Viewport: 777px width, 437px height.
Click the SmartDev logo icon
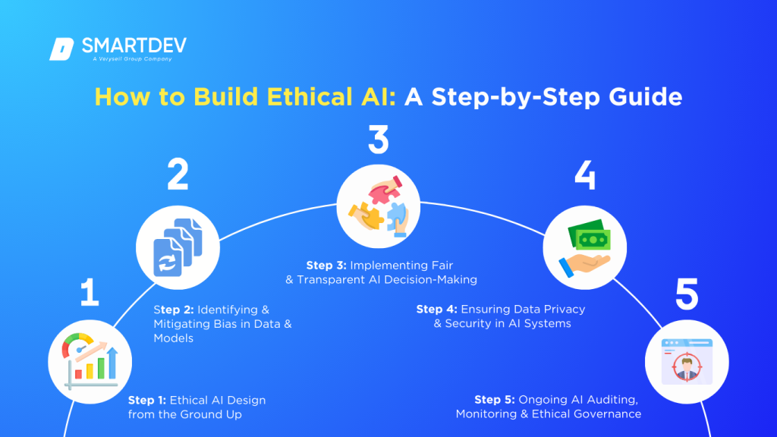pos(60,48)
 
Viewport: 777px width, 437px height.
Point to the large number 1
pos(90,294)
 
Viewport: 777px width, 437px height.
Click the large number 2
pos(178,175)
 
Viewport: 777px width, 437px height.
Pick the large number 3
pos(377,140)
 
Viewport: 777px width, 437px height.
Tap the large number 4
pos(584,175)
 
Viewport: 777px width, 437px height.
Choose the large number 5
pos(687,294)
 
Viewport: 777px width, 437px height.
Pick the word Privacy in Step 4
pos(560,310)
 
